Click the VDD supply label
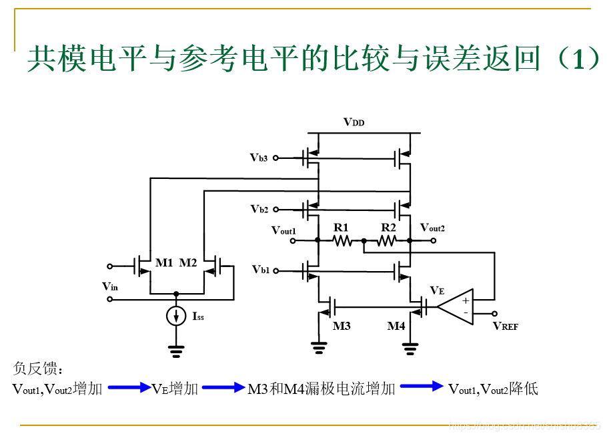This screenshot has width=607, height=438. (354, 122)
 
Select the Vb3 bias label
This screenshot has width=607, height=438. (259, 158)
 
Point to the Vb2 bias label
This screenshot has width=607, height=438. (259, 209)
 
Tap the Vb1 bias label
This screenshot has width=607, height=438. (261, 270)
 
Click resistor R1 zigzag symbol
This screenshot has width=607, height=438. (342, 240)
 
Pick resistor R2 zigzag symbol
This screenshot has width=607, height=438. (388, 240)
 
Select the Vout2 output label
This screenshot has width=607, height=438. (432, 228)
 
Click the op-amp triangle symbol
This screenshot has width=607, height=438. (458, 306)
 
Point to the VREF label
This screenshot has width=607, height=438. (506, 326)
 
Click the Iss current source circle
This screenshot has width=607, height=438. (176, 316)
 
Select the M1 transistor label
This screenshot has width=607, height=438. (164, 262)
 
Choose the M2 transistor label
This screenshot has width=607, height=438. (188, 262)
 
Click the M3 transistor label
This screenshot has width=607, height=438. (342, 326)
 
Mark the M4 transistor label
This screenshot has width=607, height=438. (396, 326)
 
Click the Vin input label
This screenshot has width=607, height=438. (110, 286)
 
